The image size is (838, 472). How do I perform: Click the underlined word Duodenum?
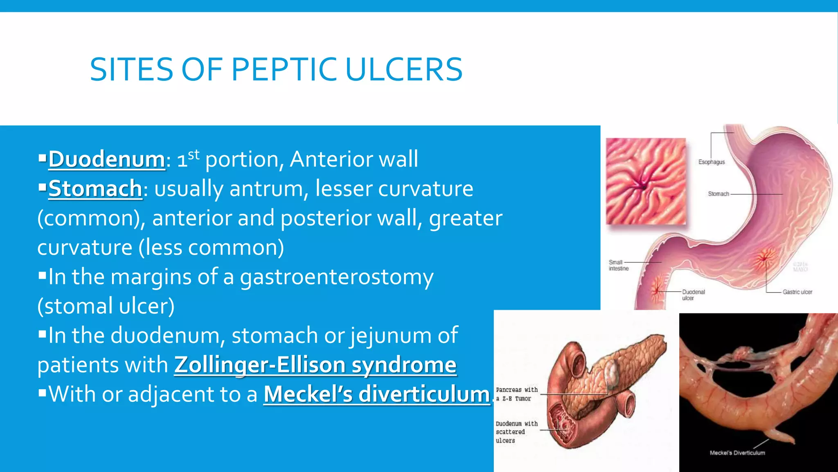point(107,159)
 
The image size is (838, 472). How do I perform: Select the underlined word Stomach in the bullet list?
point(95,189)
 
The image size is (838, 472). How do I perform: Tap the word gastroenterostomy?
point(336,277)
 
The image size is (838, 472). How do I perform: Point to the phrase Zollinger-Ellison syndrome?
point(315,365)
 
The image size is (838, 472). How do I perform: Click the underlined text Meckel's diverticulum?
point(376,395)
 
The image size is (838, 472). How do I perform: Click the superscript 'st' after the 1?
point(194,154)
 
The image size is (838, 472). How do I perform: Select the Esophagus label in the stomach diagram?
point(711,162)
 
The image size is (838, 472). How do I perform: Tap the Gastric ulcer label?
point(797,292)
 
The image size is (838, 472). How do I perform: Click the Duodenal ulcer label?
point(693,295)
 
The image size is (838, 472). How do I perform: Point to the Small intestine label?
point(618,265)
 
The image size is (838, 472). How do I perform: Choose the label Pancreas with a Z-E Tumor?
point(516,394)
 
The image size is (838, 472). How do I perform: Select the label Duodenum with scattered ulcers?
point(516,432)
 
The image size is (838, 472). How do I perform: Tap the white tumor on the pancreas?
point(611,371)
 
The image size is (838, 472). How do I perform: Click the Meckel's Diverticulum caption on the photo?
point(737,453)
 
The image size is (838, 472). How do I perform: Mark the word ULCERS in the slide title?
point(404,70)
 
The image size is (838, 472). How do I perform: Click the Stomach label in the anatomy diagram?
point(718,194)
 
